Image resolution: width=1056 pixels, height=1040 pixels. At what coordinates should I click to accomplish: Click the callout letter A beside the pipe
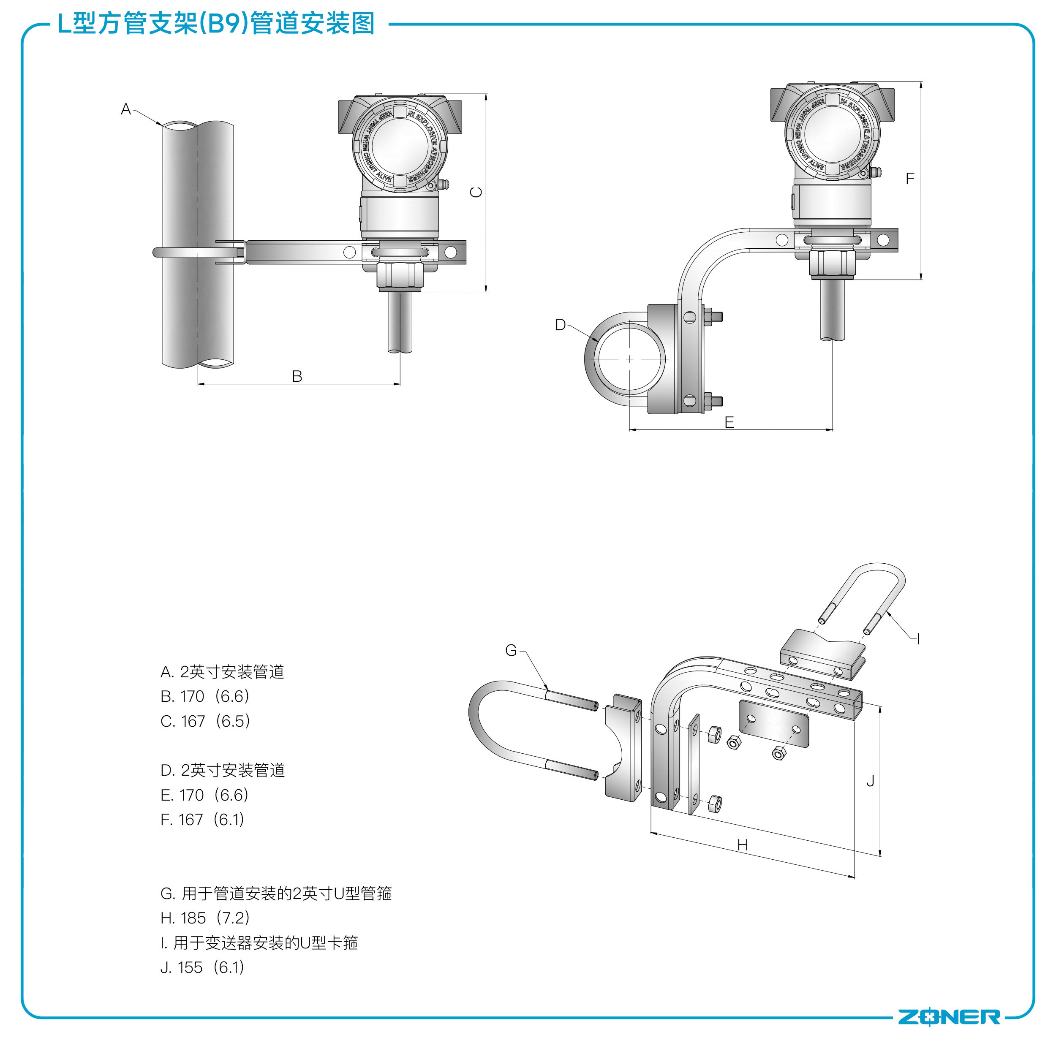click(x=125, y=110)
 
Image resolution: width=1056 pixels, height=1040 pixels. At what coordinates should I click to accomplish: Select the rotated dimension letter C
click(x=476, y=192)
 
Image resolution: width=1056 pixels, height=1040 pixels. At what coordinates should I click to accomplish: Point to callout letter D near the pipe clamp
click(x=561, y=325)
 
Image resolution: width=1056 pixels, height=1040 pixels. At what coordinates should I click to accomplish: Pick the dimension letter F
click(x=909, y=179)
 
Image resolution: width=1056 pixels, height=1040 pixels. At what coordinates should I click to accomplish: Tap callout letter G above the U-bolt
click(x=511, y=650)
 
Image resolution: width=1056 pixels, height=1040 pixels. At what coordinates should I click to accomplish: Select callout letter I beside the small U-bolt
click(x=918, y=638)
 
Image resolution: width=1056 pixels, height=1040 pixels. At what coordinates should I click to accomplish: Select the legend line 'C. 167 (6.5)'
click(x=205, y=721)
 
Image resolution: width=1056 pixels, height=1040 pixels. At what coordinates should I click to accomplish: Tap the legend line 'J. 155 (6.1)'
click(x=202, y=967)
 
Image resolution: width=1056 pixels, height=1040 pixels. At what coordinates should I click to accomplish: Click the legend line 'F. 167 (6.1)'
click(x=202, y=819)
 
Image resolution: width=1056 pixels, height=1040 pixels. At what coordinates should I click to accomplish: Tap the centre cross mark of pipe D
click(x=630, y=359)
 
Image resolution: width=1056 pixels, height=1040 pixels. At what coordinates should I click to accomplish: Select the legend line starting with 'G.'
click(x=276, y=893)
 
